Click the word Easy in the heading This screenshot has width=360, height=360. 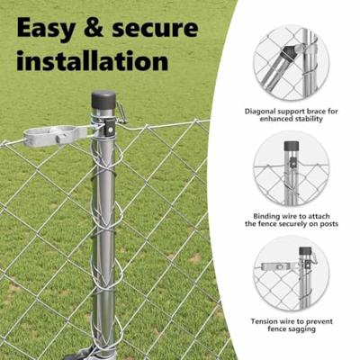click(46, 29)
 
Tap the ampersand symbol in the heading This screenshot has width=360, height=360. click(94, 28)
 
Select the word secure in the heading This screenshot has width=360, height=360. click(155, 29)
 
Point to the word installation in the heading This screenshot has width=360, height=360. click(93, 60)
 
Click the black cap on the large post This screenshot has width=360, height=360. click(103, 101)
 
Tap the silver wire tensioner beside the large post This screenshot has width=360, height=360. click(57, 136)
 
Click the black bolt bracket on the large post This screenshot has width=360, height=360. click(110, 129)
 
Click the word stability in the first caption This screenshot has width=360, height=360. click(310, 119)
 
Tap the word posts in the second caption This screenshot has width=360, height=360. click(327, 223)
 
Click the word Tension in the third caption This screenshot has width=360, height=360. click(265, 321)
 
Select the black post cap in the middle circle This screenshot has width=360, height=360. click(290, 146)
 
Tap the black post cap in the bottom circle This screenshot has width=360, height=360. click(305, 251)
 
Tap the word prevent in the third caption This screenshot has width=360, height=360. click(319, 321)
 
